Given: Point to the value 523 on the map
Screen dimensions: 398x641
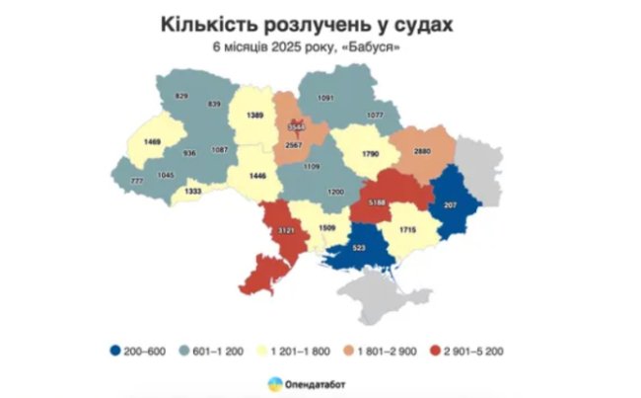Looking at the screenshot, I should pyautogui.click(x=362, y=246).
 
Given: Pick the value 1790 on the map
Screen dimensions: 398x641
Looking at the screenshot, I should pyautogui.click(x=370, y=155).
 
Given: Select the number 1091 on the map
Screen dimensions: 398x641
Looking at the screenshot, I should pyautogui.click(x=325, y=97).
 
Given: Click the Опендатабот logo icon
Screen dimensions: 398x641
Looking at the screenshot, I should pyautogui.click(x=272, y=382).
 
